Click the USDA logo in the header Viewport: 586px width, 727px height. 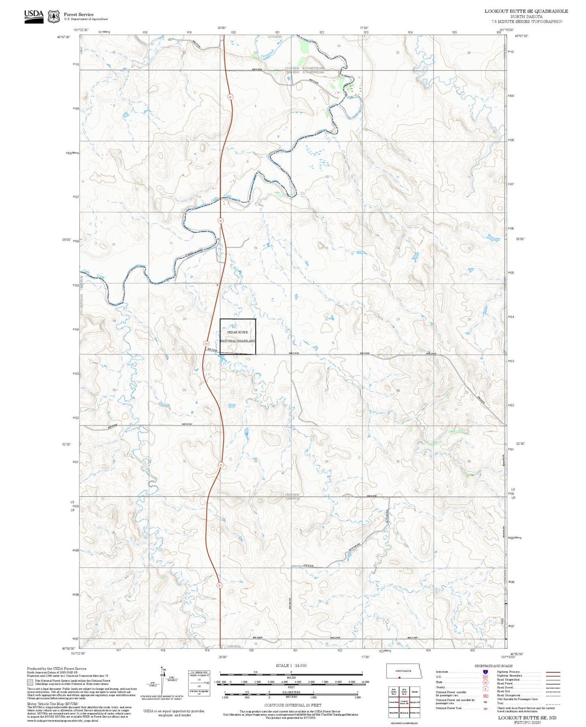click(34, 16)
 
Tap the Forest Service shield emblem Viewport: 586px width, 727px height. click(54, 17)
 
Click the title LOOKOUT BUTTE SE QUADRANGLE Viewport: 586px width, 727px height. click(526, 11)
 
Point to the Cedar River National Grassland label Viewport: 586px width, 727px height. click(238, 337)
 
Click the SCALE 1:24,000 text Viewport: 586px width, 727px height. click(291, 665)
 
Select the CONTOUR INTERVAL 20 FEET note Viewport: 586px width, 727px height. click(292, 706)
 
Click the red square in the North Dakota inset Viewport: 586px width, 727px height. click(399, 678)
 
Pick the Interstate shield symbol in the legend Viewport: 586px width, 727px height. click(485, 672)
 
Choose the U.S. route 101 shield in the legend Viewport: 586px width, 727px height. click(485, 677)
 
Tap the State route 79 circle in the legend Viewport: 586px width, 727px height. click(485, 682)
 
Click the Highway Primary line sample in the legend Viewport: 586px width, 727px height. click(553, 672)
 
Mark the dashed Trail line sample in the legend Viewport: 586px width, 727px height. click(553, 703)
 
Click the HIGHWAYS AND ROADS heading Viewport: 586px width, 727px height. click(494, 666)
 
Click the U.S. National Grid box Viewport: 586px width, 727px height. click(199, 684)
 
